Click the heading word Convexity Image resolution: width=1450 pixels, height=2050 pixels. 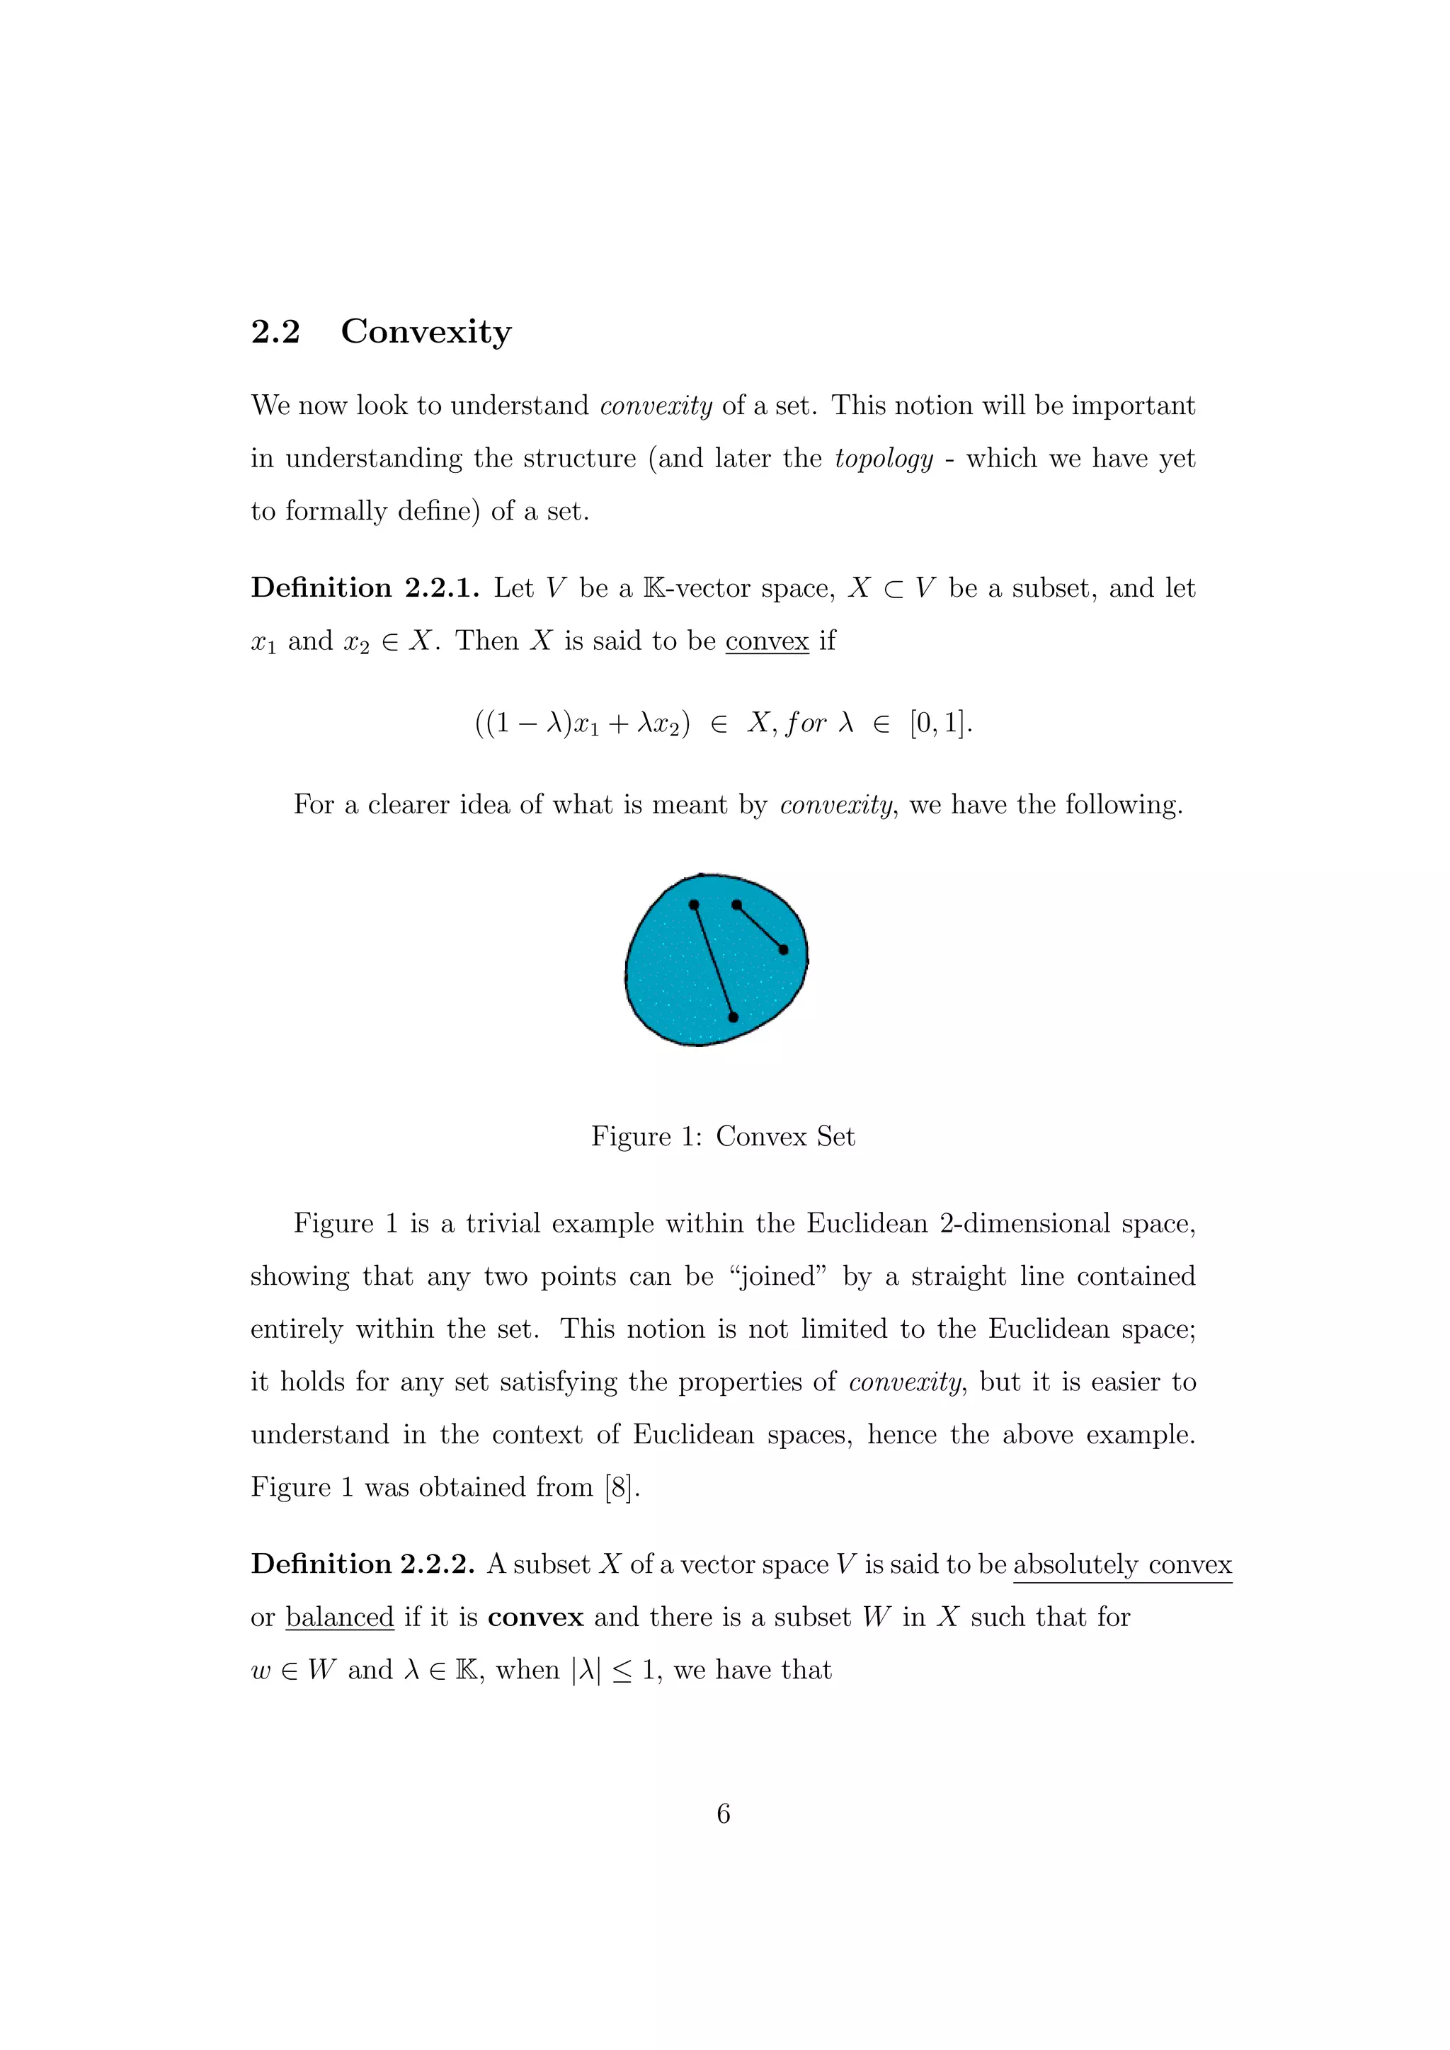(x=426, y=331)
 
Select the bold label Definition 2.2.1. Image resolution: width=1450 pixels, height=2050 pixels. (x=365, y=588)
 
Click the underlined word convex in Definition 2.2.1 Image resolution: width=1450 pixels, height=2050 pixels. (x=766, y=641)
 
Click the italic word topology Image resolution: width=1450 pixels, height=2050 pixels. (x=883, y=458)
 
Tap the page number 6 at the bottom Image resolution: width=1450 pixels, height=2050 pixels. (x=723, y=1814)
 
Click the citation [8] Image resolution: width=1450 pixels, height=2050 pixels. (x=622, y=1487)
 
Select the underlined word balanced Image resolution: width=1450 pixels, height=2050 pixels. (x=339, y=1617)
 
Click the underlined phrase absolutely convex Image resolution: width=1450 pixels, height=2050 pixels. (x=1121, y=1564)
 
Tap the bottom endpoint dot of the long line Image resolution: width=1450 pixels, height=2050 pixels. (x=733, y=1017)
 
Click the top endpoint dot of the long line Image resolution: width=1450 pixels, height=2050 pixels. (x=694, y=905)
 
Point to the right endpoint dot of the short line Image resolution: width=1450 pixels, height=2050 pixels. (x=784, y=950)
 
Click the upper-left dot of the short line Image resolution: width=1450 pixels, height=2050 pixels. (x=736, y=905)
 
